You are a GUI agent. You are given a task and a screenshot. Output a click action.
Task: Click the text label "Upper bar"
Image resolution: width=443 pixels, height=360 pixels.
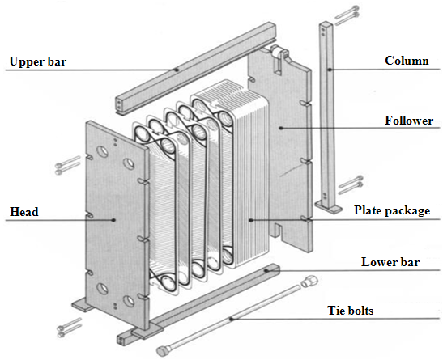[37, 61]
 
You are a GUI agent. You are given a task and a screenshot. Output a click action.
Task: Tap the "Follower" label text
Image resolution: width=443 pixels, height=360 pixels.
[409, 121]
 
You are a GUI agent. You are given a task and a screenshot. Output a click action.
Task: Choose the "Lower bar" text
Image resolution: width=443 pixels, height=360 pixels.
[396, 262]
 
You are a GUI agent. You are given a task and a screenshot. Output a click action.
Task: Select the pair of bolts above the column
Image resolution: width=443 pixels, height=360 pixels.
[344, 12]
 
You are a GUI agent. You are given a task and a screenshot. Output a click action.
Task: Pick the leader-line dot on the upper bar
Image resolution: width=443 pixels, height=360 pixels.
[177, 69]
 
